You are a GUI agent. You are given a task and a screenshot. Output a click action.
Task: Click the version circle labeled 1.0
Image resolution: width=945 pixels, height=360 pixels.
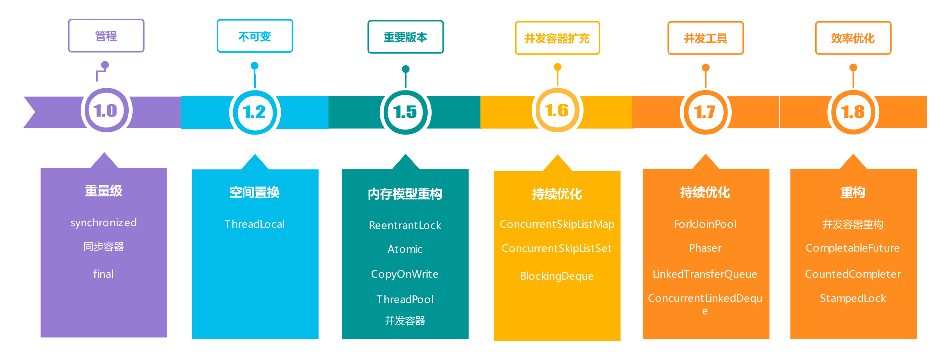coord(106,110)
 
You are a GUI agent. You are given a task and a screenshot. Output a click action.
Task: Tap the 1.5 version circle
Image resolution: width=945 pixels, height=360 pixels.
coord(405,112)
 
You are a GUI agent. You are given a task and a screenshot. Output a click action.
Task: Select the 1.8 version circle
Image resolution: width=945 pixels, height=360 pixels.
coord(853,112)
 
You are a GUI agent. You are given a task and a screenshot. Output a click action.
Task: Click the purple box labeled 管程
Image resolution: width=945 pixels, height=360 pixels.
coord(106,36)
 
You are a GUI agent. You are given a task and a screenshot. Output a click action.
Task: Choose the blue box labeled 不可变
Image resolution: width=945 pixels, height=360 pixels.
coord(255,36)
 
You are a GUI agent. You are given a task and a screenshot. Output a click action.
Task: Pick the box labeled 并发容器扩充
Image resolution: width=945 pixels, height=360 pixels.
coord(557,38)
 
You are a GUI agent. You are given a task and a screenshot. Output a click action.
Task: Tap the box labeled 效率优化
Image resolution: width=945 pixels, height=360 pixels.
coord(853,38)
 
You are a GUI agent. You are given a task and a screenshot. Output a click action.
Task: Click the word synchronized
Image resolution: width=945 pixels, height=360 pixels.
coord(104,223)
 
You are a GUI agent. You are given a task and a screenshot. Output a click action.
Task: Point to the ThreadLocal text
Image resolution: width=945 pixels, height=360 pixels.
coord(255,224)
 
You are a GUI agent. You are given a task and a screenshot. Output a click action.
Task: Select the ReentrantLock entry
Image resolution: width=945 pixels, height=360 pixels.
coord(405,225)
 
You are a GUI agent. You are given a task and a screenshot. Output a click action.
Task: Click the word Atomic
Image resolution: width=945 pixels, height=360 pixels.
coord(405,249)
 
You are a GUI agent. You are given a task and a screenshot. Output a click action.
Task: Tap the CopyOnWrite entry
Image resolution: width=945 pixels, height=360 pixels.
coord(405,274)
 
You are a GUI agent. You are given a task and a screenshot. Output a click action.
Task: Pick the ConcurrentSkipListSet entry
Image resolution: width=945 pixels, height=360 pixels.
coord(557,248)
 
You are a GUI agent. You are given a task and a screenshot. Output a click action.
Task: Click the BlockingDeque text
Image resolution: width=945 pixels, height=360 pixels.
coord(557,276)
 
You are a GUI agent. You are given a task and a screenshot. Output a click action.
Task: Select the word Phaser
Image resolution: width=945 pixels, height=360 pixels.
coord(705,248)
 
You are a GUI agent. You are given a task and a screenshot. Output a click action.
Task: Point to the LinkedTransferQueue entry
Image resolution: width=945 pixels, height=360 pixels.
coord(705,274)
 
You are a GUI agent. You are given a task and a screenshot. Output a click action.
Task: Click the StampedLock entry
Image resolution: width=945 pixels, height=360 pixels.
coord(853,298)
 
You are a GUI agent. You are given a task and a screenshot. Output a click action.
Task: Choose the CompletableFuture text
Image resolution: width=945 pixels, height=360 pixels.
coord(853,248)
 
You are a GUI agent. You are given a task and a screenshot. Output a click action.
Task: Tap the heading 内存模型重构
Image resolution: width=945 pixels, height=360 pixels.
coord(405,194)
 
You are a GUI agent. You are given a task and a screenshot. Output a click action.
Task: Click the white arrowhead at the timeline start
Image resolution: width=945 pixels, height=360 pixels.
coord(26,112)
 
